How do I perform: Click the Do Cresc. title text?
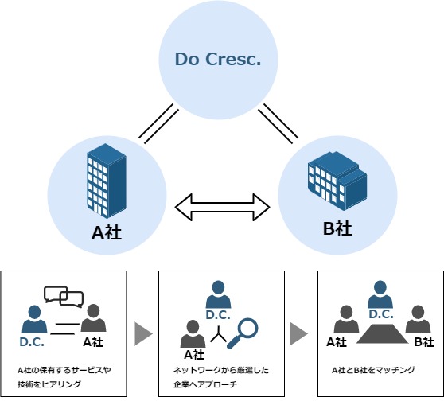(218, 59)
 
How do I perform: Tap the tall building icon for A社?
(107, 181)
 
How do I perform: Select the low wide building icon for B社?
(337, 181)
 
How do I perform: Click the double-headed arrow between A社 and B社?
(222, 208)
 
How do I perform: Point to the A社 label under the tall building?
(107, 232)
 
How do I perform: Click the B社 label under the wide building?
(337, 228)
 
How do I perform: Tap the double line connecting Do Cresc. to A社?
(158, 124)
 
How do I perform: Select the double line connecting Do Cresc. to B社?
(278, 124)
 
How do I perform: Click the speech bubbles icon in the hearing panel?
(64, 297)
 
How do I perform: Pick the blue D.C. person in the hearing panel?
(34, 319)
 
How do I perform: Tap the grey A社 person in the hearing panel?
(93, 317)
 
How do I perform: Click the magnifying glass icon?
(243, 333)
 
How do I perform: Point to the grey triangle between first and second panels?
(143, 334)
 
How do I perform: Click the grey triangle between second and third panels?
(298, 334)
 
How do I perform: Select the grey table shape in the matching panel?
(382, 334)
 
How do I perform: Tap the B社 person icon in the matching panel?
(418, 319)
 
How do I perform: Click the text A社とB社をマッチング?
(373, 370)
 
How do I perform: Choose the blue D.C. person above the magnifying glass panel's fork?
(218, 294)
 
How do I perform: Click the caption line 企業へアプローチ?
(205, 384)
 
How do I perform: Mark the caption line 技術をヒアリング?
(49, 384)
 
